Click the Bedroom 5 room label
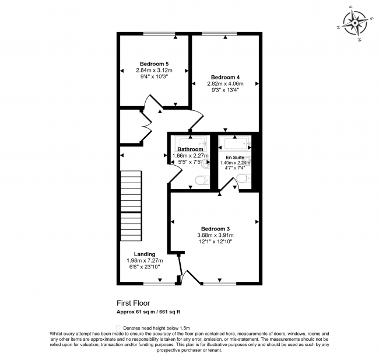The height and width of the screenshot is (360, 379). tap(154, 64)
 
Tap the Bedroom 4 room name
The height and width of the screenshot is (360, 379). tap(225, 78)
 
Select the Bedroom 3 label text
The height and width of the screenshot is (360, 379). tap(215, 229)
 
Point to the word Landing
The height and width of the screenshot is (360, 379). tap(145, 254)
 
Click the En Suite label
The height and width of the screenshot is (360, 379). tap(235, 158)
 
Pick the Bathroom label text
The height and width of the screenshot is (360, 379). tap(190, 149)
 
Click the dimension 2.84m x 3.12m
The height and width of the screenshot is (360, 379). tap(154, 71)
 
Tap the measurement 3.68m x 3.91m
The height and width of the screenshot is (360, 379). tap(215, 235)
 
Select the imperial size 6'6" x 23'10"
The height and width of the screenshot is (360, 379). tap(145, 267)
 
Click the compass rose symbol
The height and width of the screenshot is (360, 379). tap(355, 23)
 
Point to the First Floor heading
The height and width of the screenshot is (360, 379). tap(133, 303)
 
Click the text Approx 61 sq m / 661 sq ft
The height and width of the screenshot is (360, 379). tap(149, 312)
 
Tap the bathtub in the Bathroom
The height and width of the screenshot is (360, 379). tap(191, 144)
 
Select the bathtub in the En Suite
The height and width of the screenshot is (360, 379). tap(235, 144)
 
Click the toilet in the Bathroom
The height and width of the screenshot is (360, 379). tap(202, 180)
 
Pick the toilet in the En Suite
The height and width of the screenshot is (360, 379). tap(244, 179)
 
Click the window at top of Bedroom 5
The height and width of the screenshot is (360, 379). tap(159, 34)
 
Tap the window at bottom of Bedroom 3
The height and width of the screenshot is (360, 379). tap(219, 284)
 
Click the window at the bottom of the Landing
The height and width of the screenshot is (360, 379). tap(159, 284)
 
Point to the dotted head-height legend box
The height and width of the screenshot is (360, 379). tap(118, 328)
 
